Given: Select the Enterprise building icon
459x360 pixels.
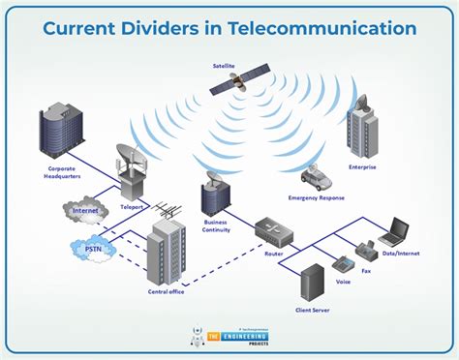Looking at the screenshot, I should point(363,127).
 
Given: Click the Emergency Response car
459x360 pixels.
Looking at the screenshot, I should point(317,177).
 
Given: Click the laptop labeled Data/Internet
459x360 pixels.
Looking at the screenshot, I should point(393,232).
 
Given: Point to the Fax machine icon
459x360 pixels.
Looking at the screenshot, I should point(367,253).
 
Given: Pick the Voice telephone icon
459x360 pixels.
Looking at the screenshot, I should point(342,264).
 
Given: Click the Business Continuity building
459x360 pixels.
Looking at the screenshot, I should point(214,193).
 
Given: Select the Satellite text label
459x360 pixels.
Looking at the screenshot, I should point(225,66).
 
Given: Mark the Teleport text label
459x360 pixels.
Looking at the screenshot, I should point(131,205).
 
